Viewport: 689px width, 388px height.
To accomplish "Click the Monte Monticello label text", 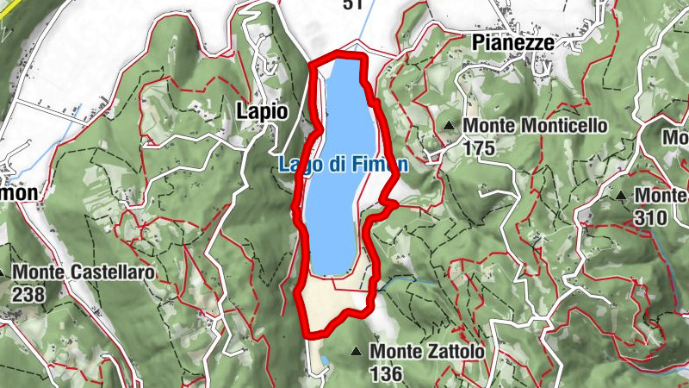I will (535, 126).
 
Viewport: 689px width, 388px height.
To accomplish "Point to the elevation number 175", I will (480, 147).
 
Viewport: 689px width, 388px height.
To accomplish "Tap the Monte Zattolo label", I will (427, 352).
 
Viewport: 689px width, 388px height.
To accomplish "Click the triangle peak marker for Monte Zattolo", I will (356, 351).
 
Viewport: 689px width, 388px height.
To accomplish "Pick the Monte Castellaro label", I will (84, 273).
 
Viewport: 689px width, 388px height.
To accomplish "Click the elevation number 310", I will (649, 217).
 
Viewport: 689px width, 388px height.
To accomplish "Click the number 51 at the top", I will (351, 5).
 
